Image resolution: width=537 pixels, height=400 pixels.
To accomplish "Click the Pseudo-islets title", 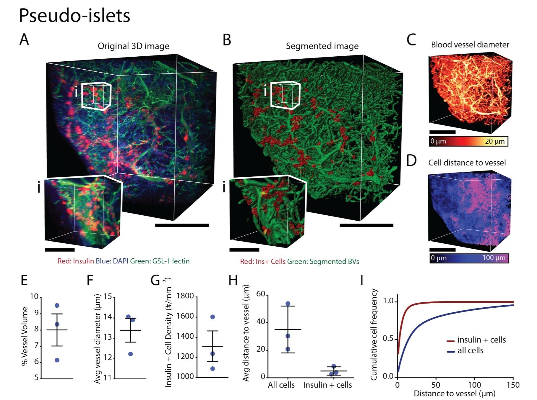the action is pyautogui.click(x=74, y=15).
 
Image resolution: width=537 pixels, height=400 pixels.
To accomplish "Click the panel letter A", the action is pyautogui.click(x=24, y=39).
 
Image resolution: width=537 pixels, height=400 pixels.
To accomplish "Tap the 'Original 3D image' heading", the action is pyautogui.click(x=134, y=46).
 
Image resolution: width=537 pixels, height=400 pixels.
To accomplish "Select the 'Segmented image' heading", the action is pyautogui.click(x=322, y=46).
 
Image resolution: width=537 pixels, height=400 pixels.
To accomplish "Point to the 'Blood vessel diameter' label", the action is pyautogui.click(x=470, y=45).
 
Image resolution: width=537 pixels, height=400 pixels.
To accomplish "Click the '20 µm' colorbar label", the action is pyautogui.click(x=495, y=141).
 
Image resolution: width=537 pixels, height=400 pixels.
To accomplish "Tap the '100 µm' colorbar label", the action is pyautogui.click(x=494, y=258).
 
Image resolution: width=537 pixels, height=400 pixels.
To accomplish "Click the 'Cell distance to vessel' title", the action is pyautogui.click(x=467, y=163).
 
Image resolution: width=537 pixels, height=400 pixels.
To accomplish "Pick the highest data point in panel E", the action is pyautogui.click(x=57, y=305).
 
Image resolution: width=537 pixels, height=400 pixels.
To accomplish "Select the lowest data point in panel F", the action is pyautogui.click(x=130, y=354).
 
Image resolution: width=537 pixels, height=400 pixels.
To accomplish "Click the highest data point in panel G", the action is pyautogui.click(x=212, y=317).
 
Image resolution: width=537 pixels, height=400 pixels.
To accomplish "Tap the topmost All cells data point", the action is pyautogui.click(x=288, y=304).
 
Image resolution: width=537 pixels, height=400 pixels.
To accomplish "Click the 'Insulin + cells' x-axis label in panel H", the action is pyautogui.click(x=327, y=385).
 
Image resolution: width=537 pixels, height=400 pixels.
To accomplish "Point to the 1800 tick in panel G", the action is pyautogui.click(x=185, y=296).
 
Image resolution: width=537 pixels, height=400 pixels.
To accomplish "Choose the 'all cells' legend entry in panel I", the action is pyautogui.click(x=465, y=351).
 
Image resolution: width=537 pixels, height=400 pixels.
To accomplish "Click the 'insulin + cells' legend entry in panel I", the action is pyautogui.click(x=476, y=340).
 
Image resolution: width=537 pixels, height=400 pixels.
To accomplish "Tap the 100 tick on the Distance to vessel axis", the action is pyautogui.click(x=475, y=385).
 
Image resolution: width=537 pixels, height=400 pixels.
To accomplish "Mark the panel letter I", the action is pyautogui.click(x=362, y=280).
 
